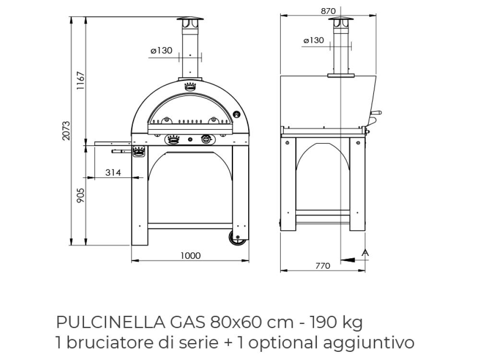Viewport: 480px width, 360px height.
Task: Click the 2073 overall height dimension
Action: tap(66, 131)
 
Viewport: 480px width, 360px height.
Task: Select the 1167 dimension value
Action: tap(80, 81)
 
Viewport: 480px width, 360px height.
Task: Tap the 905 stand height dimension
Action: tap(80, 195)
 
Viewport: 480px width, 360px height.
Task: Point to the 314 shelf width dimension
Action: tap(113, 173)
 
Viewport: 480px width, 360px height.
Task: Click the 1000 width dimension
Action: tap(191, 256)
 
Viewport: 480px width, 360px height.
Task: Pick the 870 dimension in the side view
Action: tap(328, 11)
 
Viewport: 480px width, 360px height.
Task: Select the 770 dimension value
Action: tap(323, 266)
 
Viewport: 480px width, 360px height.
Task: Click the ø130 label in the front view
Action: tap(161, 50)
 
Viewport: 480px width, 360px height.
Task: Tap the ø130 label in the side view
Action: tap(314, 40)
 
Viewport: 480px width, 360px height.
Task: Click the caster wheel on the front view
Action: tap(237, 238)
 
